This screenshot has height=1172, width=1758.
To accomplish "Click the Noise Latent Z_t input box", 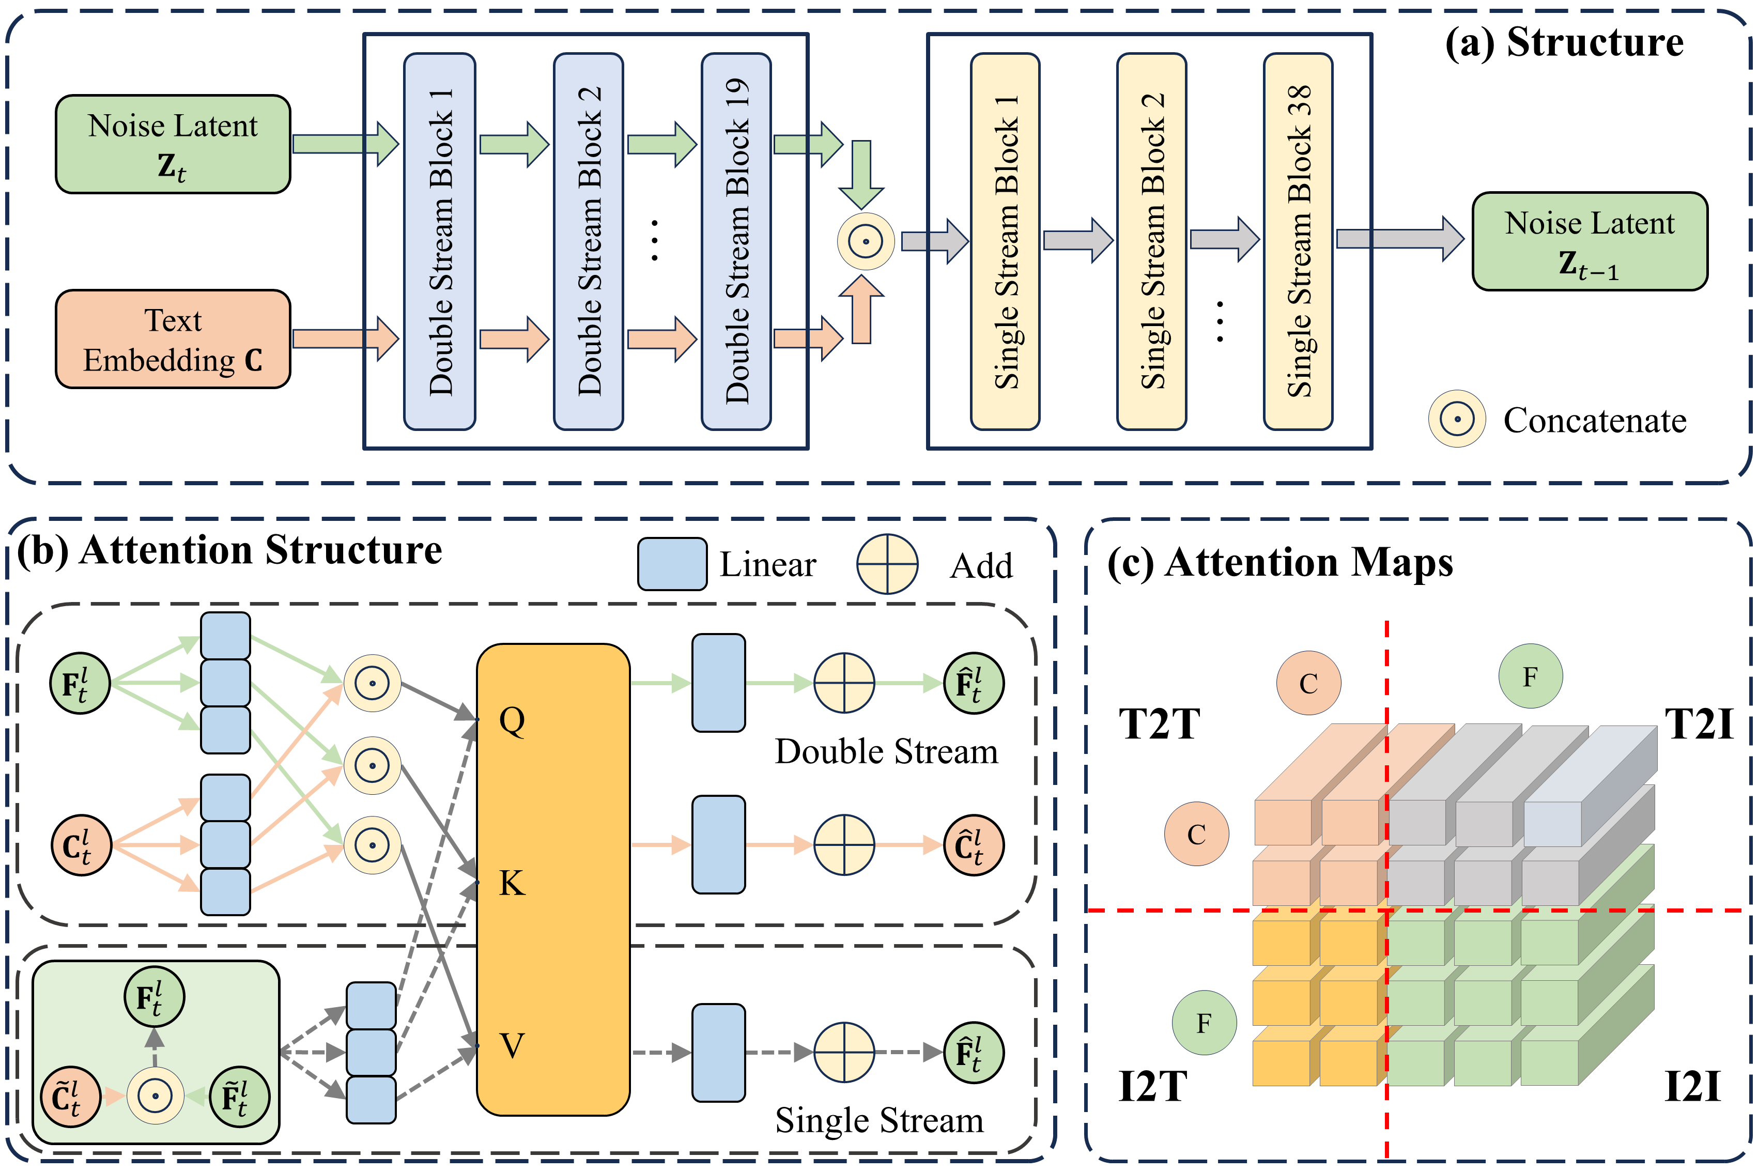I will pos(173,144).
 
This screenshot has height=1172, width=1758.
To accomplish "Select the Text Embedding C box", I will pos(173,340).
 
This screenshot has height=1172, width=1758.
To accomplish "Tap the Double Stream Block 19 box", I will pos(736,241).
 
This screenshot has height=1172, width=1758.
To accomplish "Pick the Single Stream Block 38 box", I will pos(1298,241).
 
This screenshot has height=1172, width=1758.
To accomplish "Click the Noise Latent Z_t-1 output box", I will pos(1589,241).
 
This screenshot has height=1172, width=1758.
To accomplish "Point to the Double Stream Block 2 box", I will pos(588,241).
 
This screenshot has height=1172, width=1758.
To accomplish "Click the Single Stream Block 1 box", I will pos(1005,241).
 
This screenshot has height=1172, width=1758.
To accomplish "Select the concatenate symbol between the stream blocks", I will pos(866,241).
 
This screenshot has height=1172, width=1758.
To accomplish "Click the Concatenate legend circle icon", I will pos(1457,419).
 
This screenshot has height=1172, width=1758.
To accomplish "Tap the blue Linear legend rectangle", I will pos(672,564).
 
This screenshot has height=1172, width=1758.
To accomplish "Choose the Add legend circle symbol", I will pos(887,564).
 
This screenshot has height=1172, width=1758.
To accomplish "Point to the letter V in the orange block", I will pos(512,1045).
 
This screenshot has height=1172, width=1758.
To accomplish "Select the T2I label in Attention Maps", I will pos(1698,723).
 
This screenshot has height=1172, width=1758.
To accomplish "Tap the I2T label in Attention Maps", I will pos(1152,1086).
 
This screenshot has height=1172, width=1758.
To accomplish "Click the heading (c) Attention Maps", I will pos(1279,562).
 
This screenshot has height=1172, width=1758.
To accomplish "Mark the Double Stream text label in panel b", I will pos(886,751).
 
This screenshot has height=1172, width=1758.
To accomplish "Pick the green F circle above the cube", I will pos(1530,676).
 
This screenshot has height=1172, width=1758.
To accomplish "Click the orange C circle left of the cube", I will pos(1196,834).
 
